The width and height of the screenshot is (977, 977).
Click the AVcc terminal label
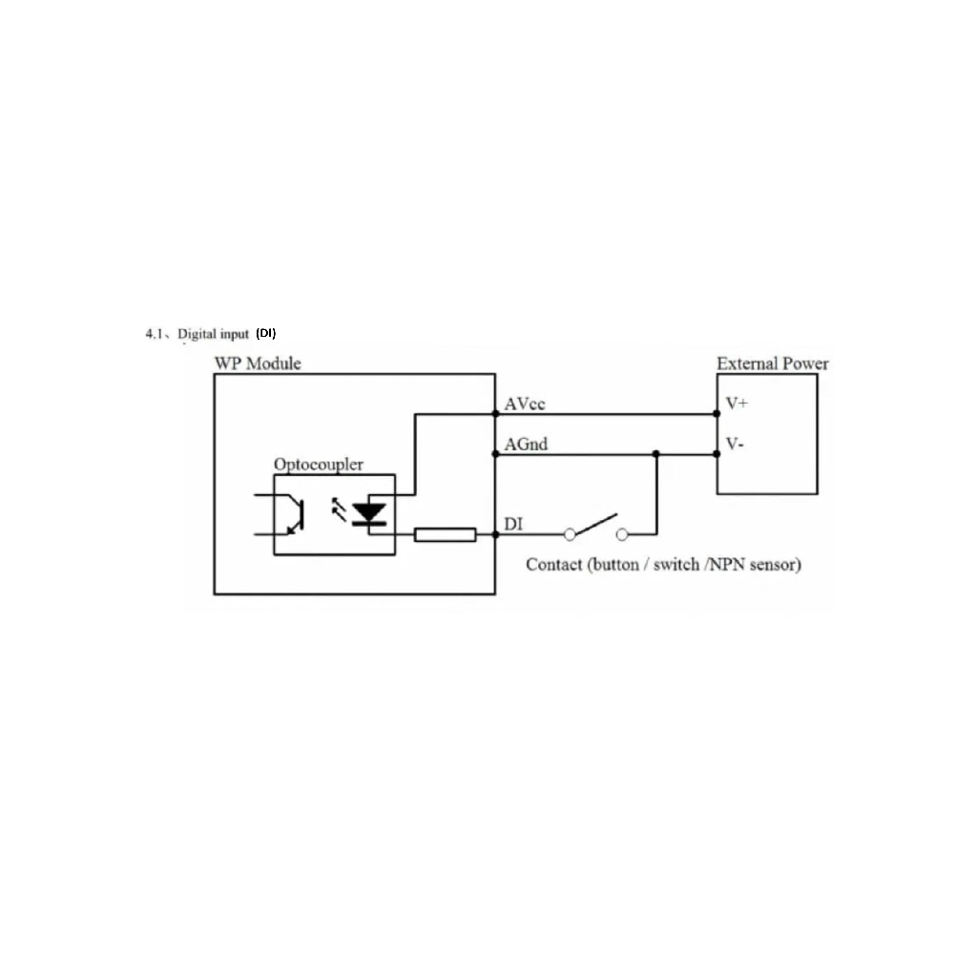525,404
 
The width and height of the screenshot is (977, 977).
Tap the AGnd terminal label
526,445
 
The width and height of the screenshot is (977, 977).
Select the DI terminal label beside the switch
512,524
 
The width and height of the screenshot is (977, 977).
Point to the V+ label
737,404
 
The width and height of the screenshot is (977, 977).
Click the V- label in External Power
735,444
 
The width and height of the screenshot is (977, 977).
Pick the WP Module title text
258,364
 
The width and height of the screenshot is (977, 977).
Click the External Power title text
773,364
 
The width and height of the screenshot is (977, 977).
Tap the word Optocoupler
319,465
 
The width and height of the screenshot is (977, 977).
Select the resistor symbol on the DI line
445,534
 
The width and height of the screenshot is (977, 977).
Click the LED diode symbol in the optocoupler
369,514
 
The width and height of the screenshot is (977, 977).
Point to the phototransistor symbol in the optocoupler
293,514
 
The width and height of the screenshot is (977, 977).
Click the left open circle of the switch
570,534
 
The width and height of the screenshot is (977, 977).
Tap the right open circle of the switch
622,534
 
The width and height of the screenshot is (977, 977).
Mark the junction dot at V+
717,414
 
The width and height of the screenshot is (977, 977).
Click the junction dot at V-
717,454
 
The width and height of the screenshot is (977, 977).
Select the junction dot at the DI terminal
495,534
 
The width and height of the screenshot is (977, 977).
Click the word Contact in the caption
553,565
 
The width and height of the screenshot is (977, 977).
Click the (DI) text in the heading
266,333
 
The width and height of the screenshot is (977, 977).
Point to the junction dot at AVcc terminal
495,414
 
